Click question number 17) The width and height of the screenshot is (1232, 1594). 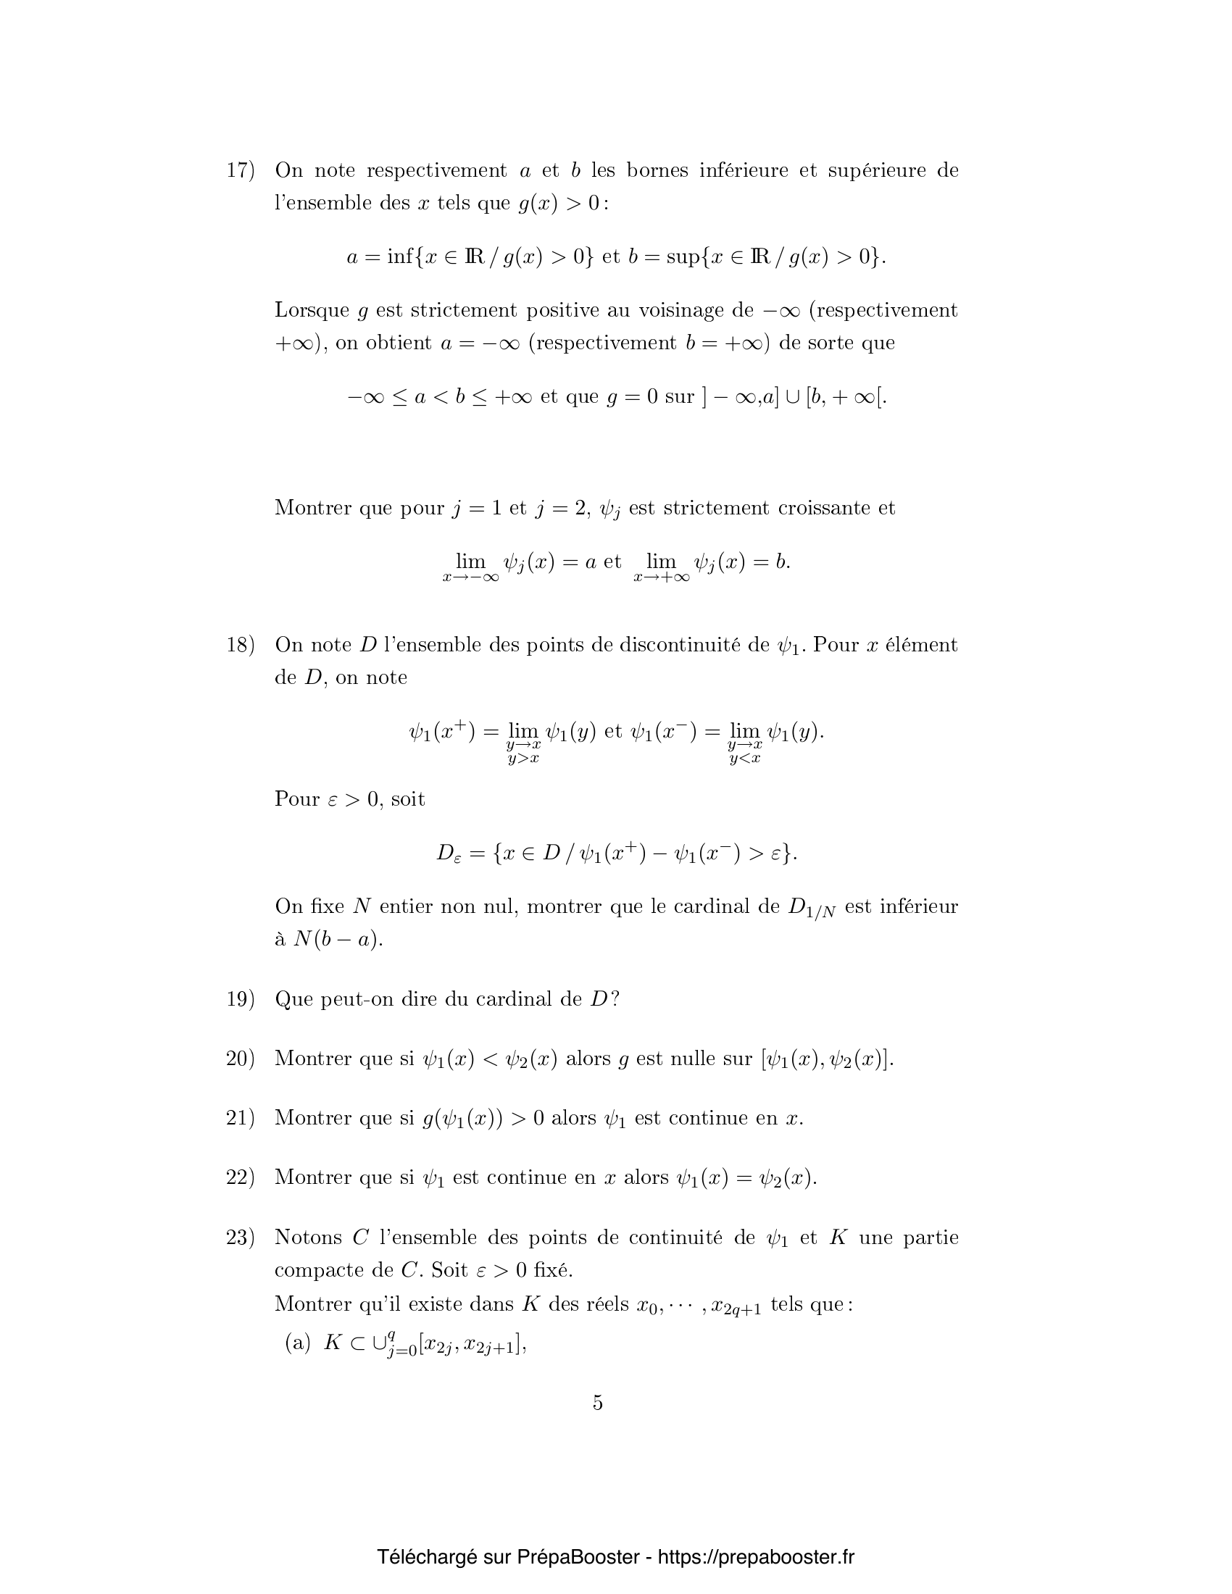(x=240, y=171)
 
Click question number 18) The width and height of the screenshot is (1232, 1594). (x=240, y=645)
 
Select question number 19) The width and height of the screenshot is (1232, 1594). (x=240, y=999)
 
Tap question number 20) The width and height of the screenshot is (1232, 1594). (x=240, y=1059)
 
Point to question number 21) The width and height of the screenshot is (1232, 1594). (x=240, y=1118)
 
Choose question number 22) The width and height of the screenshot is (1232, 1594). (x=240, y=1177)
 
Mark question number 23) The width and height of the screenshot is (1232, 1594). (x=240, y=1237)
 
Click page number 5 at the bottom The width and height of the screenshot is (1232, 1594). (x=598, y=1403)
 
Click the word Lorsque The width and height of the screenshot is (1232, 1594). (x=312, y=311)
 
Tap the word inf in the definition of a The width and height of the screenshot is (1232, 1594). (x=401, y=257)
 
